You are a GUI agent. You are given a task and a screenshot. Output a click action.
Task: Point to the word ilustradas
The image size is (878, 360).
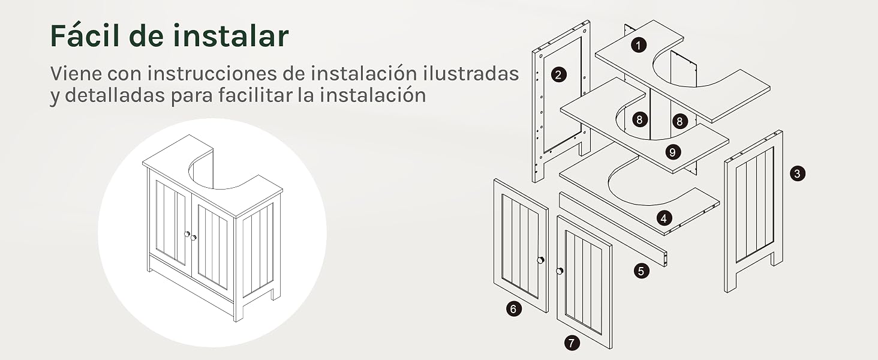(470, 73)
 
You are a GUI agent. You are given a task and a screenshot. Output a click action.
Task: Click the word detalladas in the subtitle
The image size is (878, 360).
(115, 95)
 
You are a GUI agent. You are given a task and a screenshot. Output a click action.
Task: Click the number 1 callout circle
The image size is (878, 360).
(639, 45)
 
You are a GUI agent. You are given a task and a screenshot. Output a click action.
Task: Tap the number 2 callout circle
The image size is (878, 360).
(558, 74)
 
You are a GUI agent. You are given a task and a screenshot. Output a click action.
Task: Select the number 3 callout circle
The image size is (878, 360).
(797, 173)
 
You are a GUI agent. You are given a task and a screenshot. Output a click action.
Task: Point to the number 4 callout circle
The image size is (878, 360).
(663, 218)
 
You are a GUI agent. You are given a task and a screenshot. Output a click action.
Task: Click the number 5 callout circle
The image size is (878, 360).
(641, 271)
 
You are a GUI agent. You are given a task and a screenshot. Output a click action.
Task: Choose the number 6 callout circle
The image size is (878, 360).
(513, 309)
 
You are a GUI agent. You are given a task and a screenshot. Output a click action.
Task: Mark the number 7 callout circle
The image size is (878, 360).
(572, 343)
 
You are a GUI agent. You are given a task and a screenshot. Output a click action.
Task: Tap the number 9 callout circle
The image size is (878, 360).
(673, 152)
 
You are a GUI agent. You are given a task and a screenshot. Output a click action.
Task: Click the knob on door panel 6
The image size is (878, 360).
(541, 260)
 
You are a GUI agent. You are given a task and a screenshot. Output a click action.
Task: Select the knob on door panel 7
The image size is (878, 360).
(560, 271)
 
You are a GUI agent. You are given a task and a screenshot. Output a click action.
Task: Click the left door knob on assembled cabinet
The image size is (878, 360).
(187, 234)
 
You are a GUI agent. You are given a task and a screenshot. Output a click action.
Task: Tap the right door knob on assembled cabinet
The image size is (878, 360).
(193, 237)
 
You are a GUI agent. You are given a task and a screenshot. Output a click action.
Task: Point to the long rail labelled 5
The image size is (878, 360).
(614, 229)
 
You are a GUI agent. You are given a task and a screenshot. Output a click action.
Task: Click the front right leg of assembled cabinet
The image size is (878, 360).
(238, 312)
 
